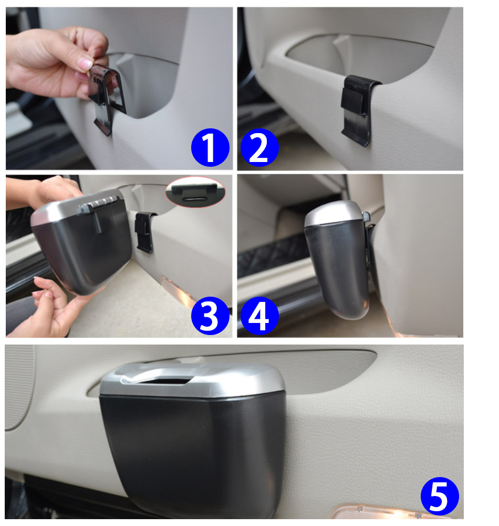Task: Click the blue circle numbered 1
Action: click(210, 147)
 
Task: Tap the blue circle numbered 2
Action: click(259, 147)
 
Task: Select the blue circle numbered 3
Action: click(210, 315)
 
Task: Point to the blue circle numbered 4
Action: click(259, 315)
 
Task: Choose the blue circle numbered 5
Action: click(440, 496)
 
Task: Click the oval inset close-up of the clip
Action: click(195, 192)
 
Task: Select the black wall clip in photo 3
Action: click(144, 231)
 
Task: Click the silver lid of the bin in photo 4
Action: click(333, 214)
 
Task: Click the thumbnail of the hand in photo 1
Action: click(85, 64)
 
